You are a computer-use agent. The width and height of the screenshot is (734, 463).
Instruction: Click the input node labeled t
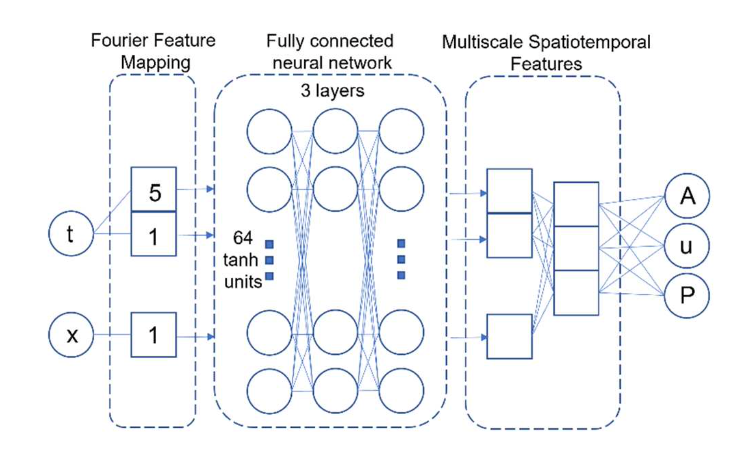pyautogui.click(x=71, y=233)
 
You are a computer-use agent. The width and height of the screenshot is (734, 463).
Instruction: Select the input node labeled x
pyautogui.click(x=71, y=334)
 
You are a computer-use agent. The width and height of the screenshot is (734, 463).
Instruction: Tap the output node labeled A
pyautogui.click(x=687, y=196)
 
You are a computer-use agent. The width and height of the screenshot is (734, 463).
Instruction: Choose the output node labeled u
pyautogui.click(x=687, y=246)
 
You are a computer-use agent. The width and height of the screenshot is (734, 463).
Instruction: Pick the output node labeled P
pyautogui.click(x=687, y=295)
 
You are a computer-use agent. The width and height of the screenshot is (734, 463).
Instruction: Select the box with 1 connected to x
pyautogui.click(x=154, y=335)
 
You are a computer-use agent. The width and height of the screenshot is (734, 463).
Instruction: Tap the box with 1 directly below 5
pyautogui.click(x=154, y=234)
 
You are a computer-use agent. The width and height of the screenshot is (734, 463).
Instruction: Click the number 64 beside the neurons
pyautogui.click(x=243, y=238)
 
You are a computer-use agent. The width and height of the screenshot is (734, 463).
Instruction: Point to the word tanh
pyautogui.click(x=240, y=260)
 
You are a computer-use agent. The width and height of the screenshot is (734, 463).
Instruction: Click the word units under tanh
pyautogui.click(x=243, y=282)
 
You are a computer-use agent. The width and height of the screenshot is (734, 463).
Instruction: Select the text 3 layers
pyautogui.click(x=332, y=90)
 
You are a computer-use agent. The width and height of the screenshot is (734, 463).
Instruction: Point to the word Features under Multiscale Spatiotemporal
pyautogui.click(x=546, y=64)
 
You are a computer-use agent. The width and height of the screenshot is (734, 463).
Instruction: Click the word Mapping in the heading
pyautogui.click(x=156, y=62)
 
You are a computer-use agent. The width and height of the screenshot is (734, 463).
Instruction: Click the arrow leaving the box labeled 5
pyautogui.click(x=195, y=189)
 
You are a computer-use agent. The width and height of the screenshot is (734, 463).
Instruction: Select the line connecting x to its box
pyautogui.click(x=112, y=334)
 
